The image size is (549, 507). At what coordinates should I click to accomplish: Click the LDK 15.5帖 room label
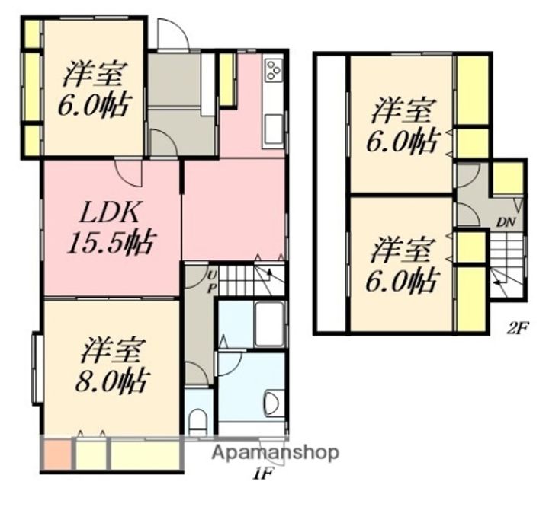pyautogui.click(x=111, y=227)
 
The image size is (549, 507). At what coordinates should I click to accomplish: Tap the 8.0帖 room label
pyautogui.click(x=111, y=365)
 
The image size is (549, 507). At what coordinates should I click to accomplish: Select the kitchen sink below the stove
pyautogui.click(x=274, y=129)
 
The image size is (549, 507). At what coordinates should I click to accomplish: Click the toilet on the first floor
pyautogui.click(x=198, y=421)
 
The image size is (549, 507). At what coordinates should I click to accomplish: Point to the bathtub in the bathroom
pyautogui.click(x=269, y=324)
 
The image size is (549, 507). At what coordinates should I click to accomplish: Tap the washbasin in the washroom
pyautogui.click(x=275, y=404)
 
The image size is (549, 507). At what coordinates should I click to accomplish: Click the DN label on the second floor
pyautogui.click(x=506, y=222)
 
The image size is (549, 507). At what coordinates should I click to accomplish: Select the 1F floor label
pyautogui.click(x=263, y=474)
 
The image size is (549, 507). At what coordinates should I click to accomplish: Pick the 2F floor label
pyautogui.click(x=518, y=329)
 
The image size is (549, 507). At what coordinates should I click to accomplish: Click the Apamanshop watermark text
pyautogui.click(x=275, y=453)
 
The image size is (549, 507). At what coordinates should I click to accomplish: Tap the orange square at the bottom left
pyautogui.click(x=57, y=454)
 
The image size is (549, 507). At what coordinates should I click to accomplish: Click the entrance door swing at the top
pyautogui.click(x=173, y=33)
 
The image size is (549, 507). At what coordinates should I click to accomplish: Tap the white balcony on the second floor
pyautogui.click(x=332, y=193)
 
